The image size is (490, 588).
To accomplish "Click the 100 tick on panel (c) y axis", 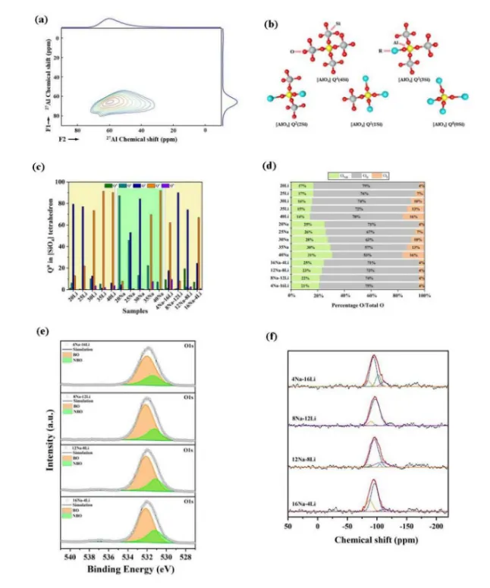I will pos(57,182).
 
